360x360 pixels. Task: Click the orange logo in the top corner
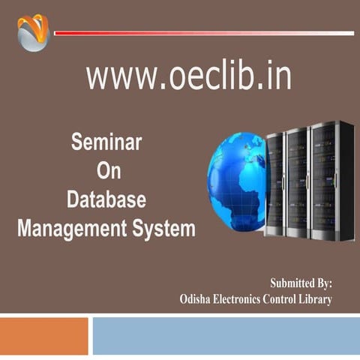33,33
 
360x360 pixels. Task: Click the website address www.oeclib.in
188,76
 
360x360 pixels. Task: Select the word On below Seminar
108,171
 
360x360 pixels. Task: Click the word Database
106,199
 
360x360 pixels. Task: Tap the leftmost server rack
274,183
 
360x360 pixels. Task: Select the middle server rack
297,181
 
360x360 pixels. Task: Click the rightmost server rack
331,180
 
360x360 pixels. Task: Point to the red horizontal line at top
203,33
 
